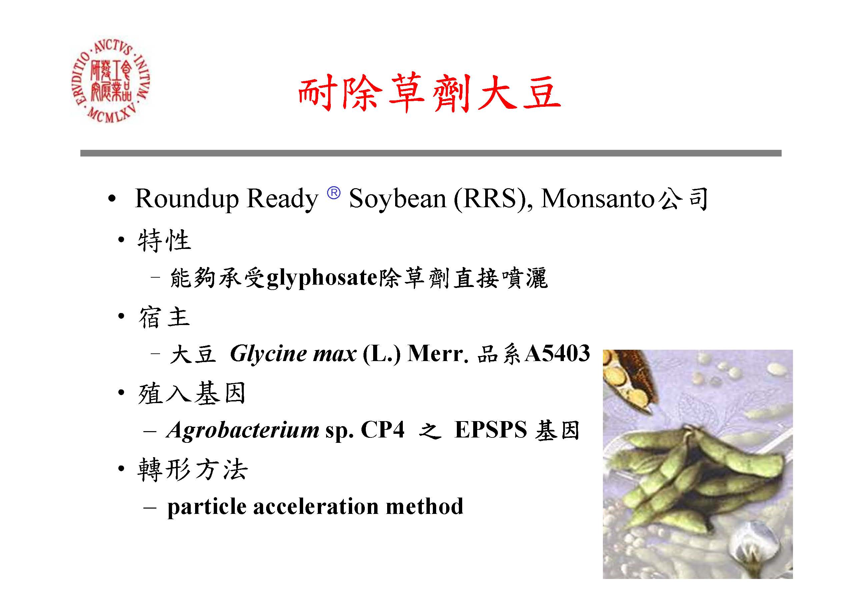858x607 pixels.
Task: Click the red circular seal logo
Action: (111, 81)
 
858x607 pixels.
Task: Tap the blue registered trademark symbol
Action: (334, 193)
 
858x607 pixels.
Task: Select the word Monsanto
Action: (598, 199)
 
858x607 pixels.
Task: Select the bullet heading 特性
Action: (164, 240)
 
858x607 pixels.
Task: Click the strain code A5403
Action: (557, 353)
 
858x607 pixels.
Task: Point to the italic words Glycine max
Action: (293, 354)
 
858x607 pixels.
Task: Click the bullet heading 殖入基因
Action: (192, 393)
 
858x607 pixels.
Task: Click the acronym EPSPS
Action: (491, 430)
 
